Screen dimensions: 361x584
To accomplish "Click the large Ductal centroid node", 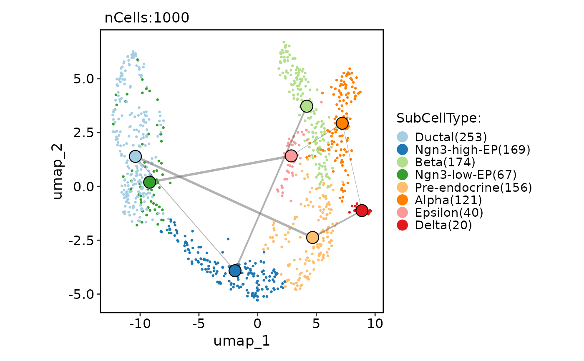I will point(135,156).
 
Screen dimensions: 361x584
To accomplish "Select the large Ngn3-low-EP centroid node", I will point(149,182).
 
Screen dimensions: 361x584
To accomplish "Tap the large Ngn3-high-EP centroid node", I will point(235,271).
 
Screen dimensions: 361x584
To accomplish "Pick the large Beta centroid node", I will point(307,106).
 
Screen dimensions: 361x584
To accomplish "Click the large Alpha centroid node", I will point(342,123).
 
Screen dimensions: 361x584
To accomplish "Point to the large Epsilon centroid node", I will point(291,156).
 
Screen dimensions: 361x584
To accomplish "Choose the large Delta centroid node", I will point(362,211).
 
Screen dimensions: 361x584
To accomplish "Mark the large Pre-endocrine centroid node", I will point(312,237).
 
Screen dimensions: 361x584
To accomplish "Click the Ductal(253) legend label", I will point(451,137).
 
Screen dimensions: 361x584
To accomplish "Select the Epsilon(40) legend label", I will point(449,213).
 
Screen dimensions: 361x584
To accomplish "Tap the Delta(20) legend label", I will point(443,225).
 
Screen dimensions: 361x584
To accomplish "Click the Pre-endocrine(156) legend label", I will point(473,187).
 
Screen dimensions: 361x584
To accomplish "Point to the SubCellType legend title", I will point(439,118).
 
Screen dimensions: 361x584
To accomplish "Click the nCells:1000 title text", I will point(147,18).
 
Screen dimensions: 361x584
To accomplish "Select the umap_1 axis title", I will point(242,341).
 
